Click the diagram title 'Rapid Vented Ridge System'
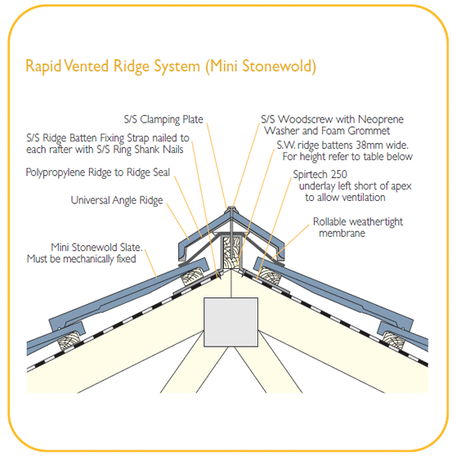(x=113, y=66)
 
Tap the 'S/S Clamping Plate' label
(x=163, y=119)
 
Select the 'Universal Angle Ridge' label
(x=117, y=200)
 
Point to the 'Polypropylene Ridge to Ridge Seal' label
(x=98, y=172)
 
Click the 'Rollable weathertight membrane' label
(x=358, y=227)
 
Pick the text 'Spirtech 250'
(x=320, y=174)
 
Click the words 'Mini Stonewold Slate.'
(x=96, y=247)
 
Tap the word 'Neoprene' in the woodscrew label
(x=381, y=119)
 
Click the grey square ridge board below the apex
(x=231, y=322)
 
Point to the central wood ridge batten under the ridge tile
(x=231, y=252)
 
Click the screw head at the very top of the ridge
(x=231, y=208)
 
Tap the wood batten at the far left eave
(x=69, y=340)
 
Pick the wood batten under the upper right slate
(x=270, y=276)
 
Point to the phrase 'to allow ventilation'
(x=345, y=198)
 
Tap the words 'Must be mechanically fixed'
(x=82, y=259)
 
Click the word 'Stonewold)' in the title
(x=279, y=66)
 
